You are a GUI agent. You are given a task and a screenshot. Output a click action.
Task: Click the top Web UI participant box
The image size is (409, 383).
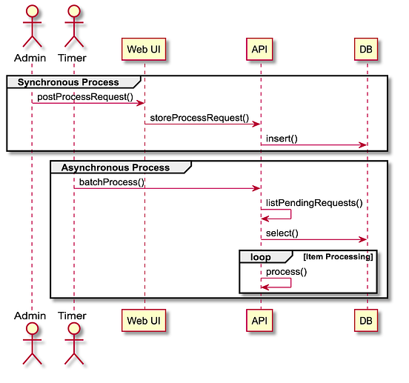pos(144,50)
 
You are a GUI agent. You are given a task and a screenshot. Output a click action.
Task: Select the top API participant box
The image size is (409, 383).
pos(259,50)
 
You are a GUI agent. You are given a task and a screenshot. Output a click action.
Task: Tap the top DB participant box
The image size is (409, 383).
pos(366,50)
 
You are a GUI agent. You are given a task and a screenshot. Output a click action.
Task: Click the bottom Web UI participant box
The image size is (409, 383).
pos(144,320)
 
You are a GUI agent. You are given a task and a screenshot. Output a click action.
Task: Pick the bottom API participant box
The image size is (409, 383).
pos(259,320)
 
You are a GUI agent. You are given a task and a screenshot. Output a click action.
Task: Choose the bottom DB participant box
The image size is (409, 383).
pos(366,320)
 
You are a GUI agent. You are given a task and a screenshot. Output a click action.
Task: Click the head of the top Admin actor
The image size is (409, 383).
pos(31,10)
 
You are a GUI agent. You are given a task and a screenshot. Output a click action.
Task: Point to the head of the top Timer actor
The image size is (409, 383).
pos(73,10)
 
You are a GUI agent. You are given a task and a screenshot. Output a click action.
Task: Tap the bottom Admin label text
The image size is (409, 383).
pos(31,316)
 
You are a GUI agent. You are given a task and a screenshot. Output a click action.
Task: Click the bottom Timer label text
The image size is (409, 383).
pos(73,316)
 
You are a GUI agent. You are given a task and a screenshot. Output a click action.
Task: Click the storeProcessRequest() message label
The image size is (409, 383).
pos(199,118)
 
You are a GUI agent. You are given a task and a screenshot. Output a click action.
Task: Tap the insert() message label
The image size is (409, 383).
pos(282,139)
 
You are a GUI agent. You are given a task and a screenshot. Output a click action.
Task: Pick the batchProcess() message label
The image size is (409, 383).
pos(112,182)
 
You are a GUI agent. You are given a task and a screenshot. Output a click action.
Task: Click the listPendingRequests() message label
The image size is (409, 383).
pos(313,202)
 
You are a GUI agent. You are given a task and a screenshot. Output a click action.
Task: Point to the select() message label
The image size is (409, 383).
pos(282,233)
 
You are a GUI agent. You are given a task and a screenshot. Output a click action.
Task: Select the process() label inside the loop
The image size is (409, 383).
pos(286,271)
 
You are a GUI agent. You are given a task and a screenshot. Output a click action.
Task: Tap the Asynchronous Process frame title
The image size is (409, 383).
pos(115,167)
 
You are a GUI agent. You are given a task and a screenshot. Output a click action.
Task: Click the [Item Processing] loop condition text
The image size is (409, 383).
pos(338,256)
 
